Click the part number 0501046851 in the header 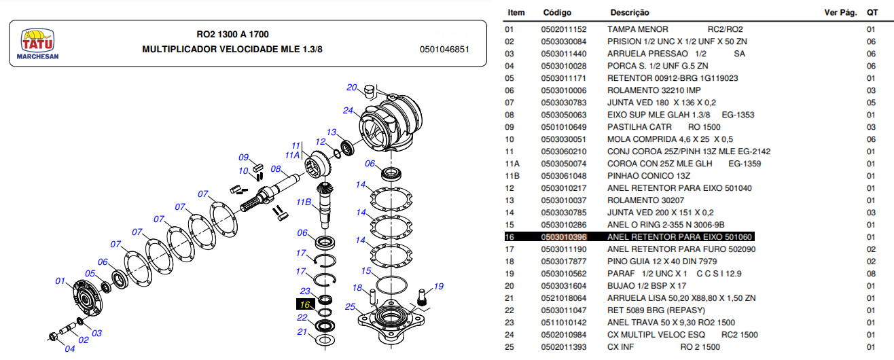444,50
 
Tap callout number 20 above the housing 351,87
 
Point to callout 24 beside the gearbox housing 348,110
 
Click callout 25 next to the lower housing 350,307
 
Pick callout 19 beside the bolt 438,286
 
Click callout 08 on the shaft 276,169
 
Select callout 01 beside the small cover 60,281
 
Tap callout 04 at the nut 70,349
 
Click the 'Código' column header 557,12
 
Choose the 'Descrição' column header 630,12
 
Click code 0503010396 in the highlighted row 563,237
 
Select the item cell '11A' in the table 512,164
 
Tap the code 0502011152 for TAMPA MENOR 563,29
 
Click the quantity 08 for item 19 870,274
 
